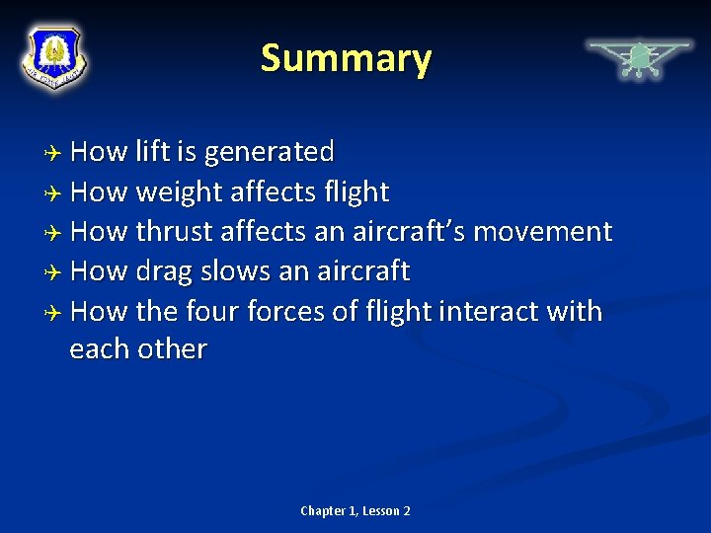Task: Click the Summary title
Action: pyautogui.click(x=346, y=59)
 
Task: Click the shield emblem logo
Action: pyautogui.click(x=54, y=56)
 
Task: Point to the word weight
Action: pyautogui.click(x=179, y=192)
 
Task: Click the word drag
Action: pyautogui.click(x=165, y=271)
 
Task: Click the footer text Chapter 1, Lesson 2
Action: pyautogui.click(x=355, y=510)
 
